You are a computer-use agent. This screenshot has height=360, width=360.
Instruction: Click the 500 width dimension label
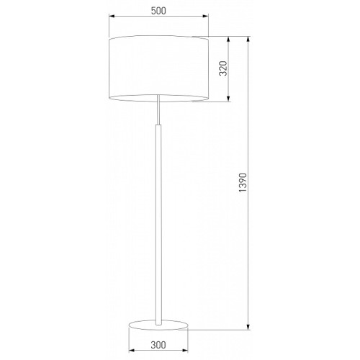(158, 11)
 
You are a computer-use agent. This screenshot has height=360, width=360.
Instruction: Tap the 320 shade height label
(223, 68)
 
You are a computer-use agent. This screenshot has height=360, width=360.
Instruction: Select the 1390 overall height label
(243, 182)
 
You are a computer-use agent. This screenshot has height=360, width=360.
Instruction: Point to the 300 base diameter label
(158, 345)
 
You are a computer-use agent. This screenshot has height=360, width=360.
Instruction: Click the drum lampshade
(158, 69)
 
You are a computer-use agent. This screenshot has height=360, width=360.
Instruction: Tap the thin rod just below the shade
(158, 109)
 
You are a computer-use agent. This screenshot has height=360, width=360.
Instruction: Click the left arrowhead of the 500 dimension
(112, 16)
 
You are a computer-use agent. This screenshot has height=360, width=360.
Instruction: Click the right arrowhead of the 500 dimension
(205, 16)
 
